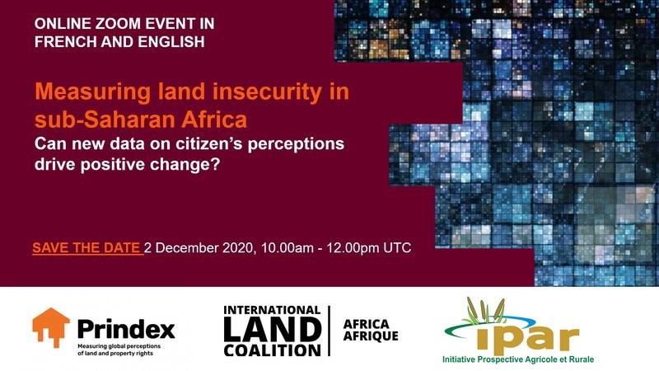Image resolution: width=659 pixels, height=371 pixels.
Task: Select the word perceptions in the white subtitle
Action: (297, 144)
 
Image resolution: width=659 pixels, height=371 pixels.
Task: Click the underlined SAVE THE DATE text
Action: (88, 248)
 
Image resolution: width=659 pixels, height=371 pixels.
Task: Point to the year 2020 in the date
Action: (238, 248)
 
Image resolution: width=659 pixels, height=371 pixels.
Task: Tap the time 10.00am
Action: (287, 248)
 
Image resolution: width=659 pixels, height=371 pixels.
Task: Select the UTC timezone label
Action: (397, 248)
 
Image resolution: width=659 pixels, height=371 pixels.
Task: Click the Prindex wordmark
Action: (126, 329)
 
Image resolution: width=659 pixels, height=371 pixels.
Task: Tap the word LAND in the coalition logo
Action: (273, 330)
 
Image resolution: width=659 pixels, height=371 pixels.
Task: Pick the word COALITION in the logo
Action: (273, 350)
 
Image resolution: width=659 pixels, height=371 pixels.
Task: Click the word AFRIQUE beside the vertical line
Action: (371, 336)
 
